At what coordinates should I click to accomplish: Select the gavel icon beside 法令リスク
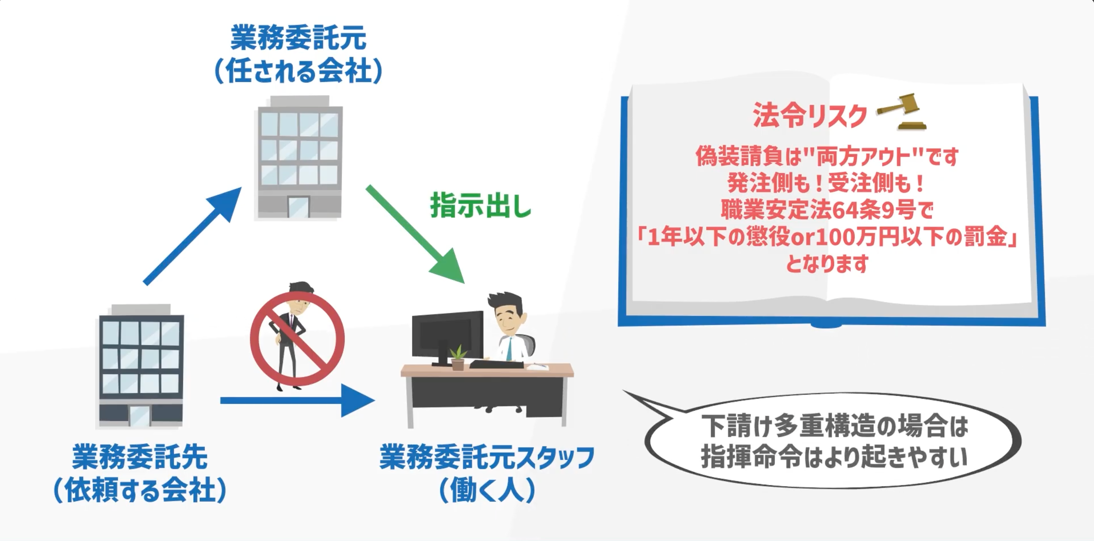tap(903, 111)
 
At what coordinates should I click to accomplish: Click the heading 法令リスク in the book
tap(810, 116)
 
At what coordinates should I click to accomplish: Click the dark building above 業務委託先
tap(141, 366)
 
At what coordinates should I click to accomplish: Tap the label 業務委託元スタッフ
tap(487, 458)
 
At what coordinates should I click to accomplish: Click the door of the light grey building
tap(298, 207)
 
